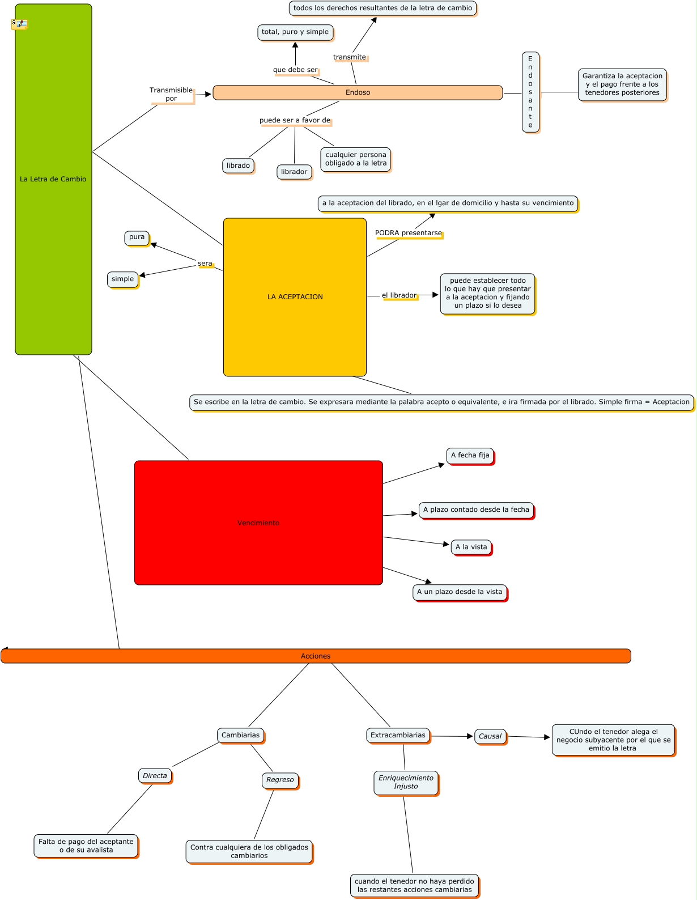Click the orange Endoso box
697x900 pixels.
point(358,92)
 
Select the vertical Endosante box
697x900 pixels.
point(530,92)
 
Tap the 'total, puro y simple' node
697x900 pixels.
point(295,32)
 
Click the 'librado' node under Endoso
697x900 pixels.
point(238,165)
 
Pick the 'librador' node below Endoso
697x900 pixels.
point(294,172)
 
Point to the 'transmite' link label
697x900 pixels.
point(350,57)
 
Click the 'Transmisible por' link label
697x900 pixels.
point(171,94)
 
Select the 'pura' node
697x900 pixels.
point(137,237)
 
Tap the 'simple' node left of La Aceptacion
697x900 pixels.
point(122,279)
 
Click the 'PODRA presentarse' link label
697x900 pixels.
point(408,233)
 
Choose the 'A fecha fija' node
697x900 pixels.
point(470,455)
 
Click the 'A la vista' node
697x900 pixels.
point(471,547)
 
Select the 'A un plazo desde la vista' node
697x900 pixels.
point(460,592)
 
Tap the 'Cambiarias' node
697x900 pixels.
point(240,735)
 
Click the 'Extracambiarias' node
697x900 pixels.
point(398,735)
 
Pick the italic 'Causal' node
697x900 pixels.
point(490,736)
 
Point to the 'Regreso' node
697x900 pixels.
point(280,780)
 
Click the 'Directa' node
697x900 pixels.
point(155,776)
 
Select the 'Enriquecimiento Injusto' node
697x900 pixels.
point(406,782)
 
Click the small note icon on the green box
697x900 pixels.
point(19,24)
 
